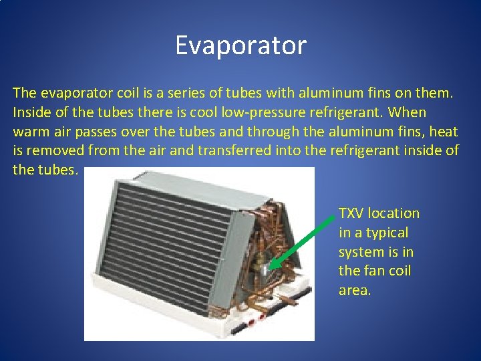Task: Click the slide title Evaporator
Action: pos(240,45)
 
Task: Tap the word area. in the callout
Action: pos(354,291)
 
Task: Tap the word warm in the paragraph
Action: pos(31,131)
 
